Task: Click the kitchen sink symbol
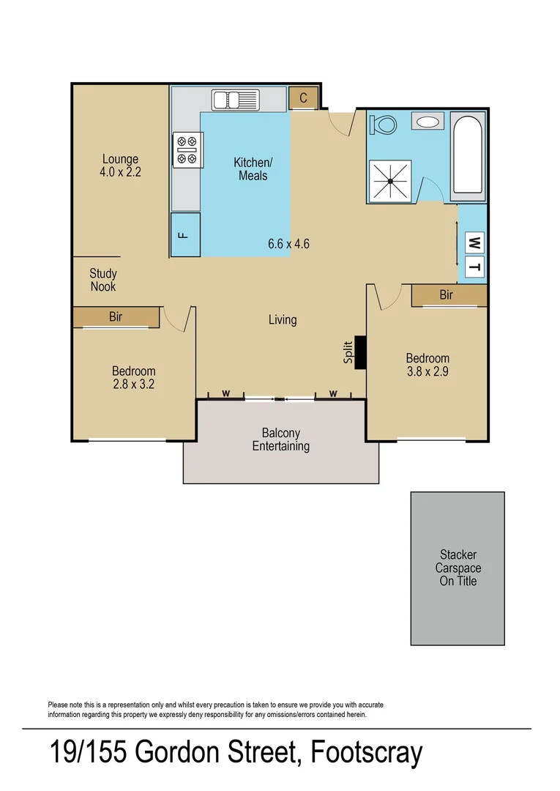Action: [x=236, y=99]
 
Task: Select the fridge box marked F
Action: [x=185, y=234]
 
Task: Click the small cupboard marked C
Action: [x=303, y=97]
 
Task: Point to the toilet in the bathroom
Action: [x=382, y=124]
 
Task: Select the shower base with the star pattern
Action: [x=391, y=180]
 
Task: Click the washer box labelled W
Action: [x=474, y=242]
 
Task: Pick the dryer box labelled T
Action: [x=474, y=268]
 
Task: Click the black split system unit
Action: [x=360, y=353]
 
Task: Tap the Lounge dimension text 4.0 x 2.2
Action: [x=120, y=173]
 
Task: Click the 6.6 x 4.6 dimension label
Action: [x=288, y=244]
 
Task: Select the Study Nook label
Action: [x=103, y=281]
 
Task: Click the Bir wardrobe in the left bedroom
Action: [x=116, y=317]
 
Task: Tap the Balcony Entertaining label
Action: [x=281, y=439]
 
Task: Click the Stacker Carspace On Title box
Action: [x=458, y=568]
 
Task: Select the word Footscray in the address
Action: [x=367, y=753]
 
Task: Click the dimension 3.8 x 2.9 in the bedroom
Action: [x=428, y=371]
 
